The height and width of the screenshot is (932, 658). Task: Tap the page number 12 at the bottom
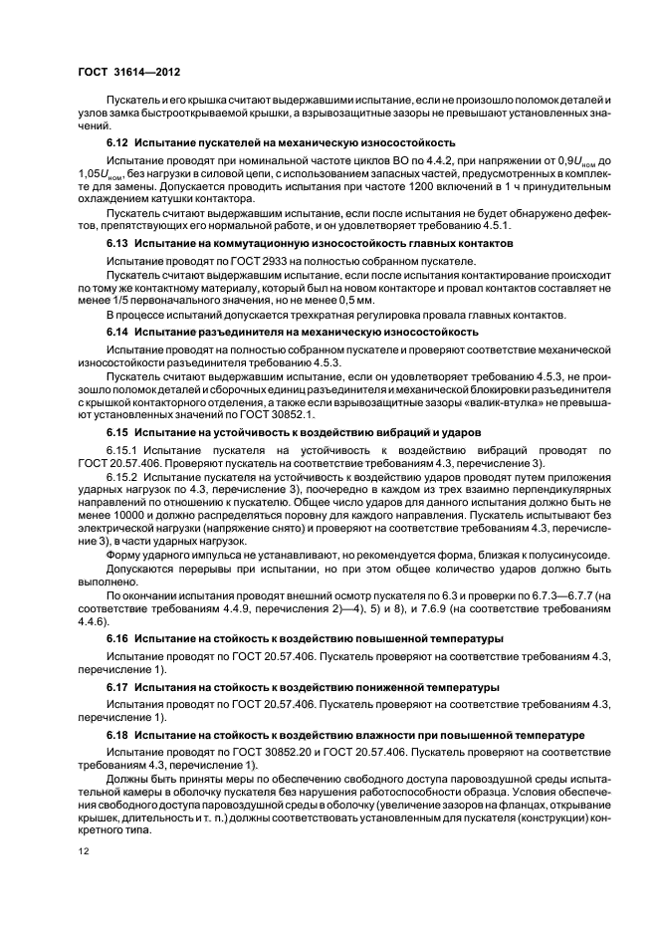pyautogui.click(x=82, y=851)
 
